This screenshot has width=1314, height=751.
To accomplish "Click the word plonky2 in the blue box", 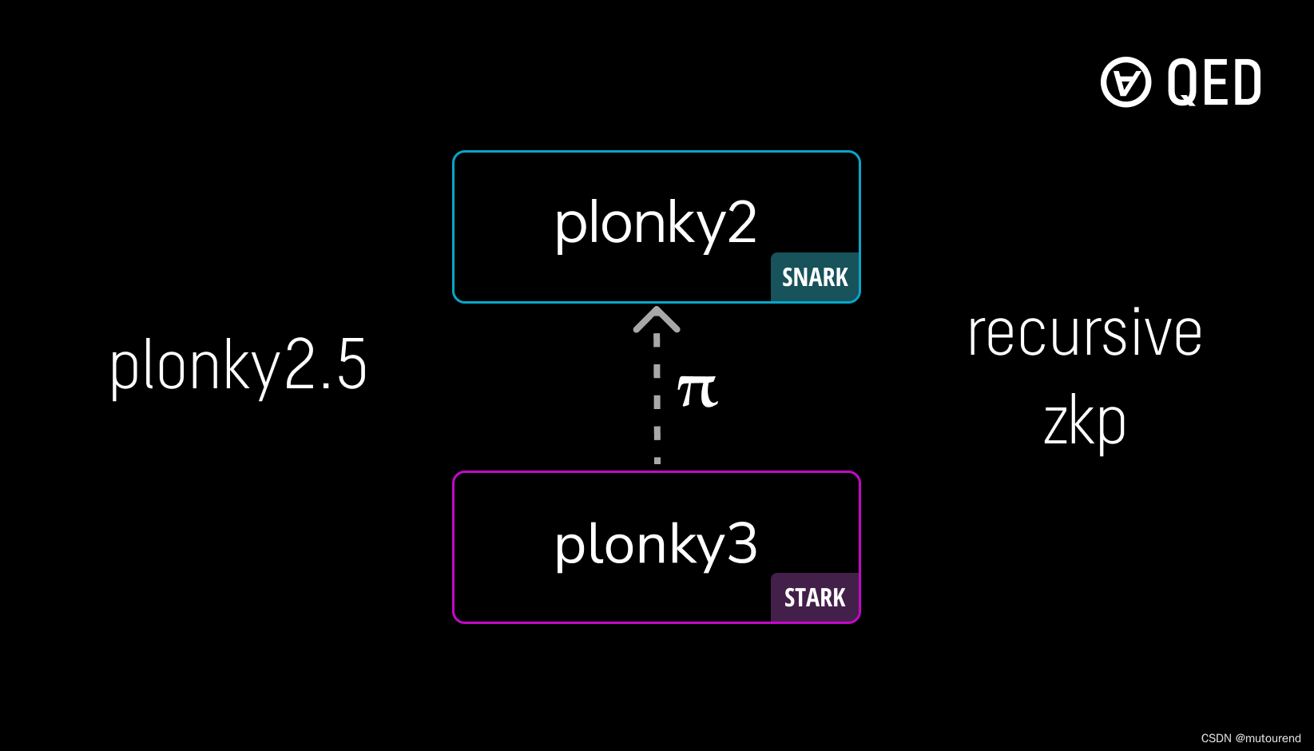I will click(x=655, y=224).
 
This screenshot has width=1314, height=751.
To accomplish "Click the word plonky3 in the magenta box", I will click(x=655, y=545).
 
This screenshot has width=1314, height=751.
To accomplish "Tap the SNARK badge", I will click(x=815, y=277).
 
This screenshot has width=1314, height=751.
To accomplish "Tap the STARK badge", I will click(x=815, y=598).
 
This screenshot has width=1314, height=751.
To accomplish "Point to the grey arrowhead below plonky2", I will click(x=657, y=319).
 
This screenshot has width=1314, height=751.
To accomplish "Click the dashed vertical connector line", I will click(x=657, y=399).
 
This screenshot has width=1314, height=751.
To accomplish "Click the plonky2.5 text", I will click(x=238, y=366).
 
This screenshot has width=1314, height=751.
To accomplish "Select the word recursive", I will click(x=1084, y=333).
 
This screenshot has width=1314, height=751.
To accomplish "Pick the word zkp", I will click(x=1084, y=423).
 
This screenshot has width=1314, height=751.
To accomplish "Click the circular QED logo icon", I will click(x=1125, y=81).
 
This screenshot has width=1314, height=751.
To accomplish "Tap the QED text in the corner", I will click(x=1213, y=82).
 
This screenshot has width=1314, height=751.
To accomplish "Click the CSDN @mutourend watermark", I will click(x=1250, y=738).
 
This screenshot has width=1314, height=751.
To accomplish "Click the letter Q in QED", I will click(x=1182, y=82).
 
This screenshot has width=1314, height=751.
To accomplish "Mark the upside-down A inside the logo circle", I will click(x=1126, y=82).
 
